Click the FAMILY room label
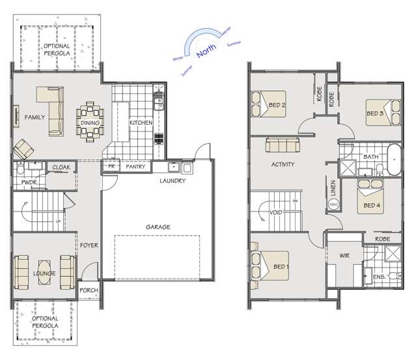pos(34,118)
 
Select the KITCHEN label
pos(141,122)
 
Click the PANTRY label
pos(135,167)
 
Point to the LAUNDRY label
pos(173,181)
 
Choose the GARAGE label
pos(158,227)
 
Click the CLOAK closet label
pos(61,167)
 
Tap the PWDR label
pos(27,183)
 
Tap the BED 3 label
pos(374,113)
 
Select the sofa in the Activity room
pos(283,145)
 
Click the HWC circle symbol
pos(334,204)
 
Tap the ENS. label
pos(379,278)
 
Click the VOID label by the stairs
pos(275,212)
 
